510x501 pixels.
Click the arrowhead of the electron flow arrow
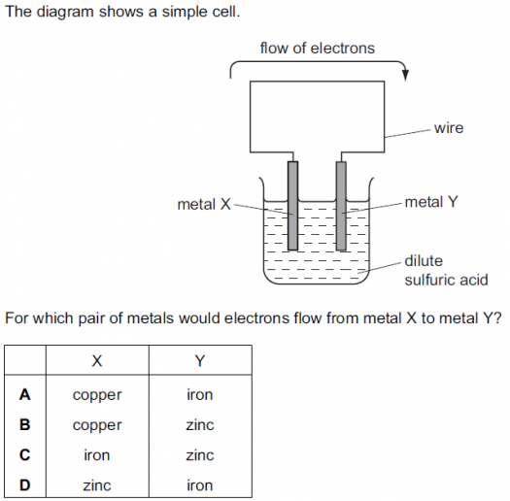405,75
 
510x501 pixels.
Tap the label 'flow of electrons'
317,49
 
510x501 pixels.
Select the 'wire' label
449,128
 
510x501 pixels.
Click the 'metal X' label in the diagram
204,205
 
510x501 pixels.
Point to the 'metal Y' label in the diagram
431,202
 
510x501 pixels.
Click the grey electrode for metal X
292,206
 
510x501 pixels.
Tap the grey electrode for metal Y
341,206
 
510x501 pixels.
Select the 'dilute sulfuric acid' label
446,271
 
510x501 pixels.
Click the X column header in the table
97,361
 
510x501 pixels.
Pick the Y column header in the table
200,361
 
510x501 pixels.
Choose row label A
25,395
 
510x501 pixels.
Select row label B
25,424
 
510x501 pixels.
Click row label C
25,454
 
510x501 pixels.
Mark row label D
25,485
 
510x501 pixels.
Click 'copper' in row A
97,396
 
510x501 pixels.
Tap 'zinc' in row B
200,425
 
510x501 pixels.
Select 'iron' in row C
97,455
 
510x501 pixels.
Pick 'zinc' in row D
97,485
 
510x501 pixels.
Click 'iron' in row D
200,485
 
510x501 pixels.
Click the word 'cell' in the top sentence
227,12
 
